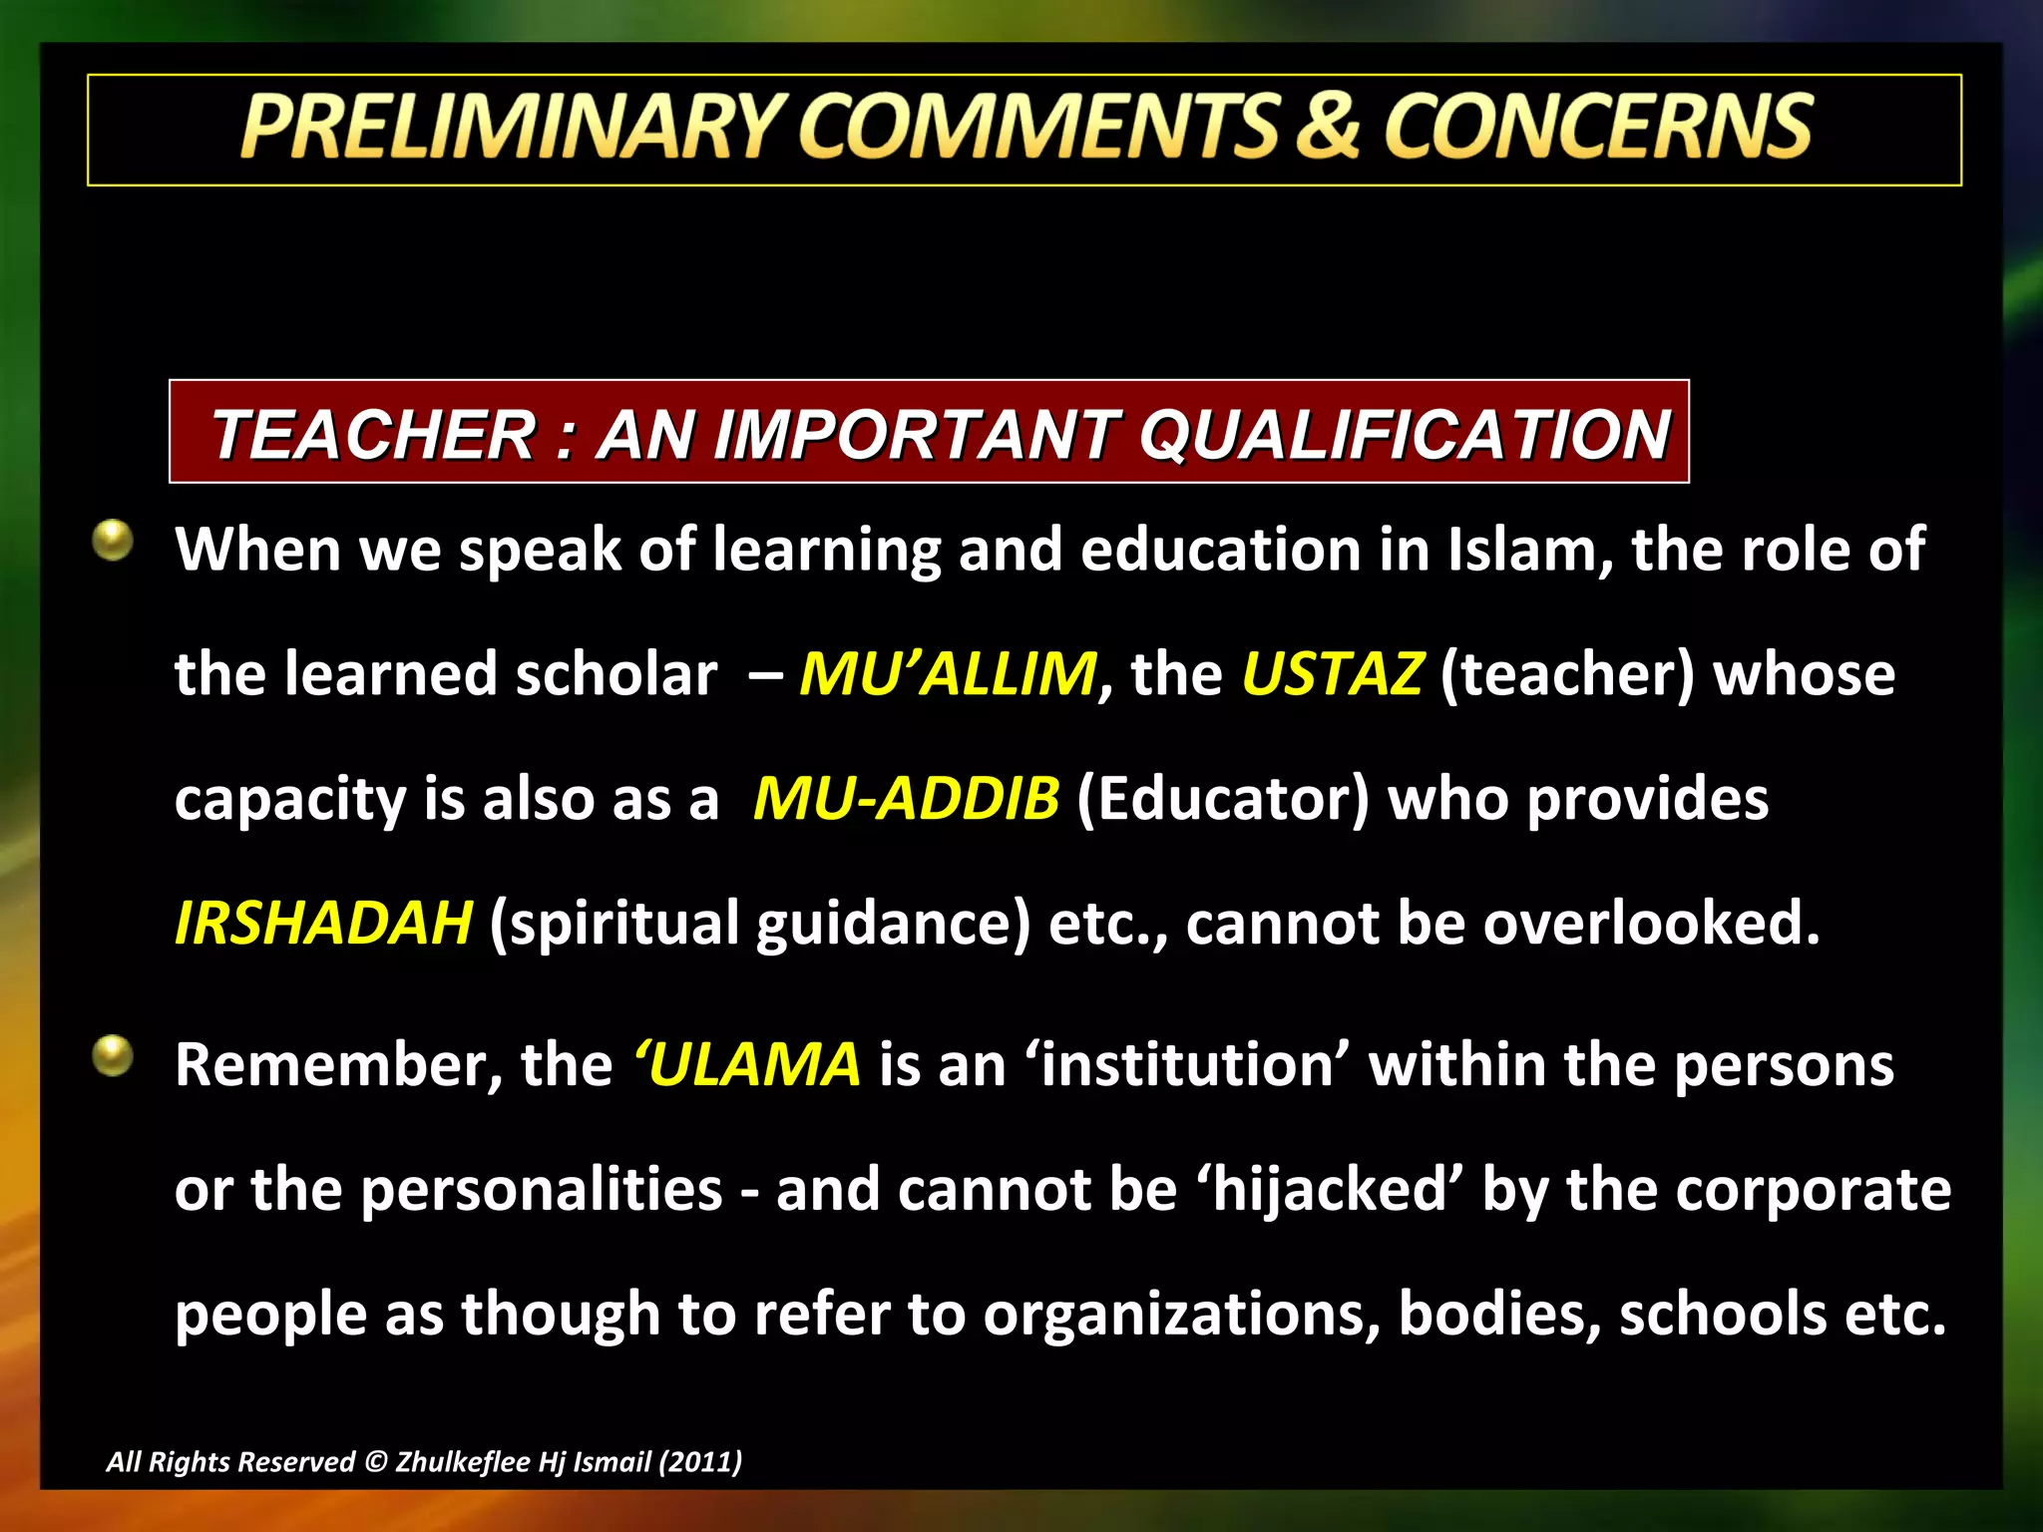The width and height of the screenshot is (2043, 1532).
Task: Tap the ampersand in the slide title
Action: tap(1327, 128)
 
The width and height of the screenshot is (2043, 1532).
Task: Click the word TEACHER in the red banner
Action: tap(374, 436)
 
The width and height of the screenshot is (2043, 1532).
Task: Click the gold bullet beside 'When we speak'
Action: tap(113, 541)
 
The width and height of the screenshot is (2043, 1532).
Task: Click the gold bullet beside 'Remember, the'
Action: tap(113, 1056)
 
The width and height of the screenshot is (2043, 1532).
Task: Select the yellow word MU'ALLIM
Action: tap(948, 674)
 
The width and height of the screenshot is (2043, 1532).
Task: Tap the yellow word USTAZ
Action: tap(1332, 674)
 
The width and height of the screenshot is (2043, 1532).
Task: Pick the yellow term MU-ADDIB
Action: tap(906, 799)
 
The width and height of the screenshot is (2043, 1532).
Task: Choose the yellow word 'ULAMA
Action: tap(746, 1065)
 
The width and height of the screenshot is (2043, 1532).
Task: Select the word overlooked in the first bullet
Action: tap(1651, 924)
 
